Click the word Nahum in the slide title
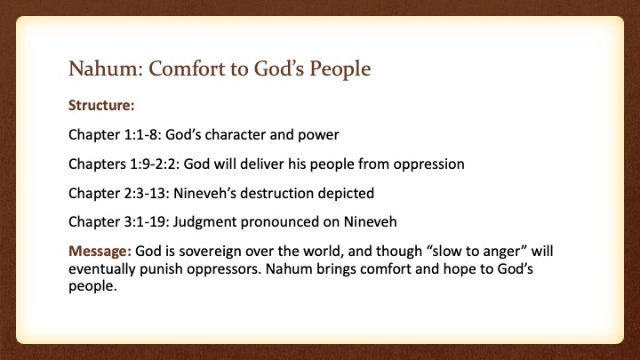pos(105,68)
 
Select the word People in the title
pos(340,69)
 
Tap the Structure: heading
pos(101,105)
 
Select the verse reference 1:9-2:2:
pos(155,164)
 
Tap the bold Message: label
pos(100,252)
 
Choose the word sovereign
pos(212,252)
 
